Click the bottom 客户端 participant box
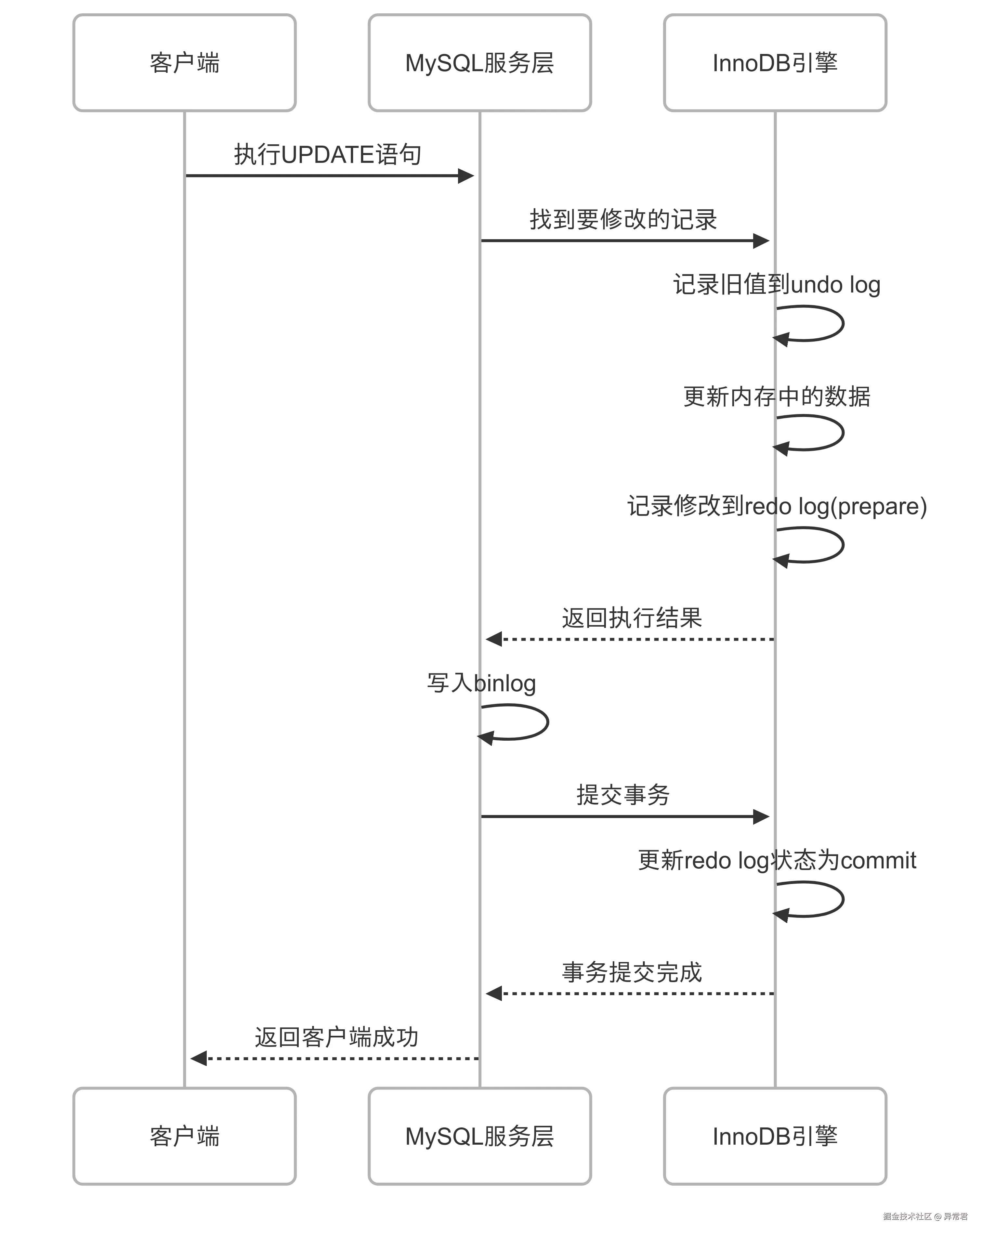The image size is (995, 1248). (184, 1136)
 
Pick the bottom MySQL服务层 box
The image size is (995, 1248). (479, 1136)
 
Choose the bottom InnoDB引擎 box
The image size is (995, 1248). (775, 1136)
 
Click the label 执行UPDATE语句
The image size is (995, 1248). (327, 155)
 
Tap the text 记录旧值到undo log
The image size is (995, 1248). (776, 285)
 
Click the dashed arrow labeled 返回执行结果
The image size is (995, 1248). (631, 639)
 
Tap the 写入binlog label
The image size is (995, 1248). (481, 683)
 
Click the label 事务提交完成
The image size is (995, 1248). (632, 972)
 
